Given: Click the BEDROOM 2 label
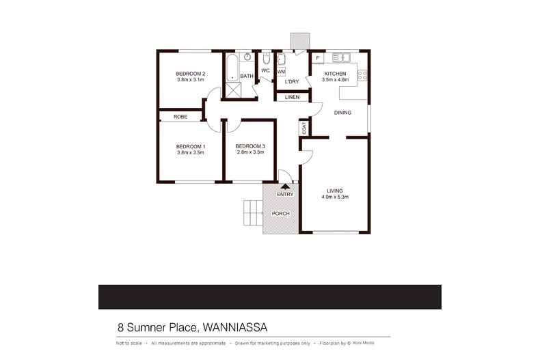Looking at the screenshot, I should click(x=191, y=74).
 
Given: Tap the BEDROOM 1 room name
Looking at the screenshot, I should click(x=191, y=146).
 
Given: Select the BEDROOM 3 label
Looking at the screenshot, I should click(x=249, y=146).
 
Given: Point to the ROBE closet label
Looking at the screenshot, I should click(x=180, y=117).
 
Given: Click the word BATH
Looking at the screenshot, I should click(x=247, y=76).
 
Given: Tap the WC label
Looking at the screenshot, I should click(x=265, y=71).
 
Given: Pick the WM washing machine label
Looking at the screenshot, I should click(x=281, y=72).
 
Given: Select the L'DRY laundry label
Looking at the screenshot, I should click(x=292, y=82).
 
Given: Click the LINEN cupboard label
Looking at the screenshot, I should click(x=293, y=97).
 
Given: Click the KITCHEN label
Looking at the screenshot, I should click(x=336, y=74).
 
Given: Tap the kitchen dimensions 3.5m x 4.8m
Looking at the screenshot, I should click(x=336, y=80).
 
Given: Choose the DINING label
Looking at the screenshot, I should click(x=342, y=113).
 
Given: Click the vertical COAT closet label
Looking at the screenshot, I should click(x=303, y=127).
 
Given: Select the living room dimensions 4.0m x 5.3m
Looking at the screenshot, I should click(x=335, y=197).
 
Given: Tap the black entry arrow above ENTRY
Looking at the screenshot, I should click(x=285, y=186).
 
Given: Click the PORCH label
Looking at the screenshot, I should click(x=281, y=214).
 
